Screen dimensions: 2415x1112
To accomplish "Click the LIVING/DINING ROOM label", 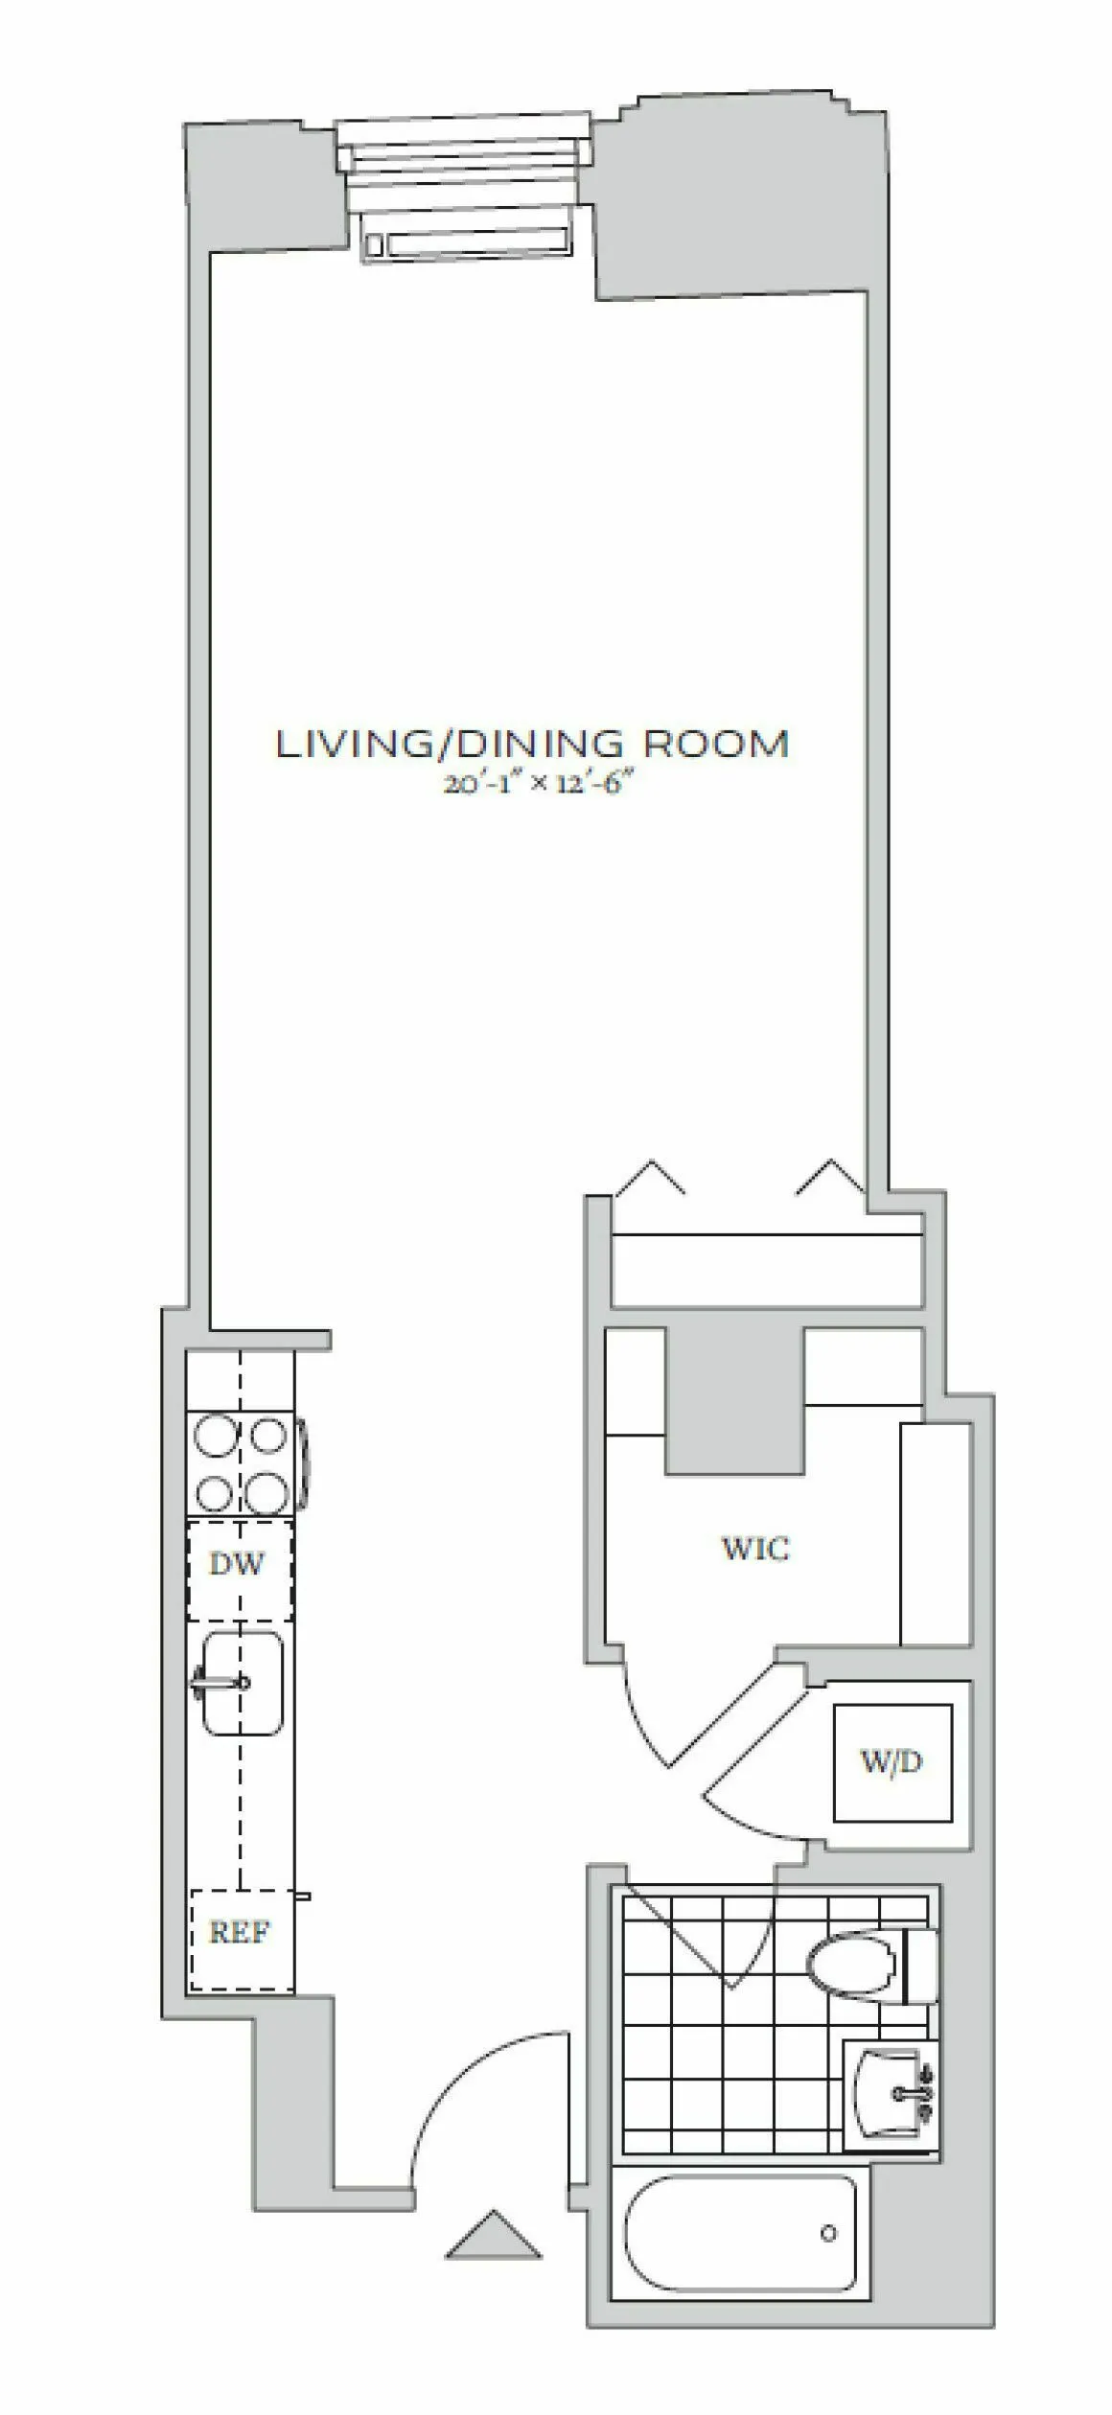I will tap(532, 745).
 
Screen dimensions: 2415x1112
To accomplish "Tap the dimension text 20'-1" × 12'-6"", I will tap(540, 784).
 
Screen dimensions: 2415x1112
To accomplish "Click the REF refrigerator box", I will tap(240, 1933).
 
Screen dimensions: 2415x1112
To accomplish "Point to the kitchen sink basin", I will tap(243, 1684).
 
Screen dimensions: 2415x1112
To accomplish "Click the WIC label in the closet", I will tap(755, 1548).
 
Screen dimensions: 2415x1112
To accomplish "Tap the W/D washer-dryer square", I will tap(892, 1762).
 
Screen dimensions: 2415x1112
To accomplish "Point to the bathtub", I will tap(740, 2233).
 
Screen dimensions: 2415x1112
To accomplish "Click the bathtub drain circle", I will tap(828, 2234).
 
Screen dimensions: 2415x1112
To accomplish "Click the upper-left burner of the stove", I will tap(213, 1436).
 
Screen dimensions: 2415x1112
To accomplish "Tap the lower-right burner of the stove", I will tap(266, 1491).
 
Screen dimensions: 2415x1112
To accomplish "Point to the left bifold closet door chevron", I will tap(650, 1177).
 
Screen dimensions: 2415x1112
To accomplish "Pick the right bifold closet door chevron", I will tap(830, 1177).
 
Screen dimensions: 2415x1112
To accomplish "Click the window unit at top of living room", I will tap(465, 187).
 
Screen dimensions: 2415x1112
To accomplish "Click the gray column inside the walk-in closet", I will tap(734, 1401).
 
